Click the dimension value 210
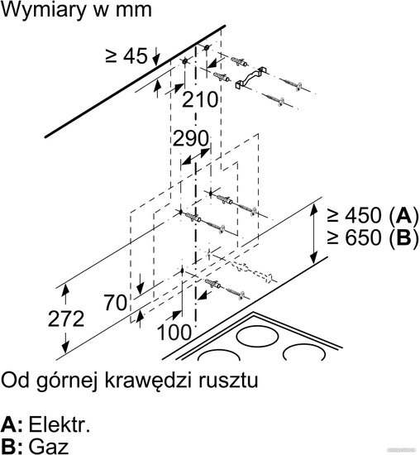click(199, 99)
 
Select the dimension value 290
click(190, 138)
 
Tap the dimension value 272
click(66, 318)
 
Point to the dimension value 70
click(116, 302)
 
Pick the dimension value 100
click(174, 332)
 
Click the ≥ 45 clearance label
click(126, 55)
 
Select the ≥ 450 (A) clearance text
click(372, 216)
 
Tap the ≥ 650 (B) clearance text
click(372, 237)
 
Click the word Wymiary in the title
click(44, 10)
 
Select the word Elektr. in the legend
click(60, 425)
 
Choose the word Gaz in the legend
click(49, 446)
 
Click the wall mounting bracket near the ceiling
click(251, 78)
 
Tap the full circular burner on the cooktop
click(256, 337)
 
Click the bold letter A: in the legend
click(12, 425)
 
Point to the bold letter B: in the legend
click(12, 446)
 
